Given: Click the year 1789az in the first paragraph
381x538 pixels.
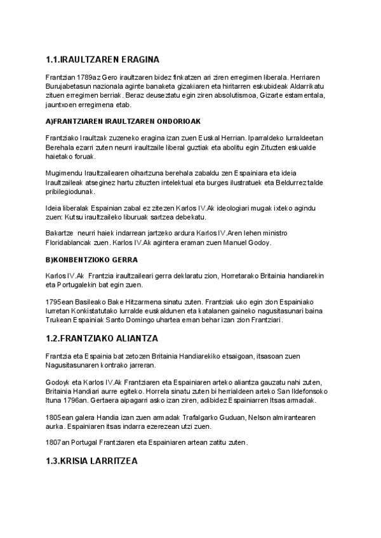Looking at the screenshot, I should (88, 78).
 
